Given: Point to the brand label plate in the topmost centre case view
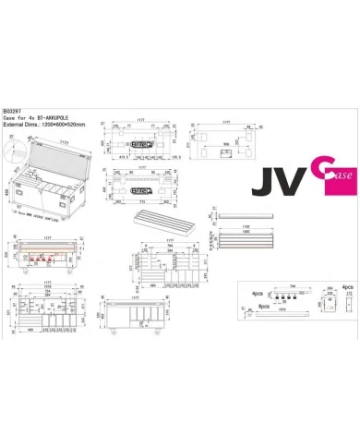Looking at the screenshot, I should pyautogui.click(x=141, y=144).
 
